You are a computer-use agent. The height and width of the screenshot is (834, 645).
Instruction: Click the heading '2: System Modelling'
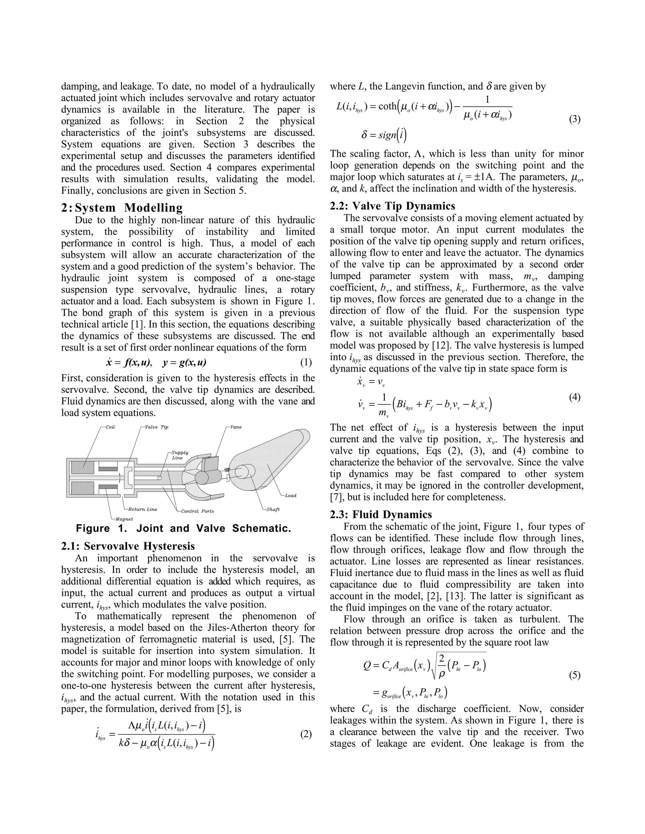click(x=122, y=208)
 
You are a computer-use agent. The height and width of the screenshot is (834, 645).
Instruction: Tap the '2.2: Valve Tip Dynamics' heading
click(x=392, y=206)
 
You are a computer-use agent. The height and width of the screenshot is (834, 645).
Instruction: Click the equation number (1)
click(x=306, y=362)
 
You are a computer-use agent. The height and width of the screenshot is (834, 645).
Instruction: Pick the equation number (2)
click(x=306, y=734)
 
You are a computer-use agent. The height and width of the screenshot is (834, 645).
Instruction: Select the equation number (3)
click(x=575, y=119)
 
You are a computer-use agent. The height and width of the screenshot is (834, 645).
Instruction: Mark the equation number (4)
click(x=575, y=397)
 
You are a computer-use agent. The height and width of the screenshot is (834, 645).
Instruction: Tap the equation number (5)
click(x=575, y=675)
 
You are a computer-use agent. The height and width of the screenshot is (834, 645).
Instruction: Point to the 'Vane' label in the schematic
click(x=236, y=427)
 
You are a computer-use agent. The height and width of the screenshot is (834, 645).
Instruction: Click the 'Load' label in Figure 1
click(x=290, y=496)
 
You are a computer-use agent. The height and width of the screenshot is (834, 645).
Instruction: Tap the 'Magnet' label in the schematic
click(x=124, y=519)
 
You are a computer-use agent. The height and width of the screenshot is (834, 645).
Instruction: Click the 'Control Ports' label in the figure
click(x=197, y=511)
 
